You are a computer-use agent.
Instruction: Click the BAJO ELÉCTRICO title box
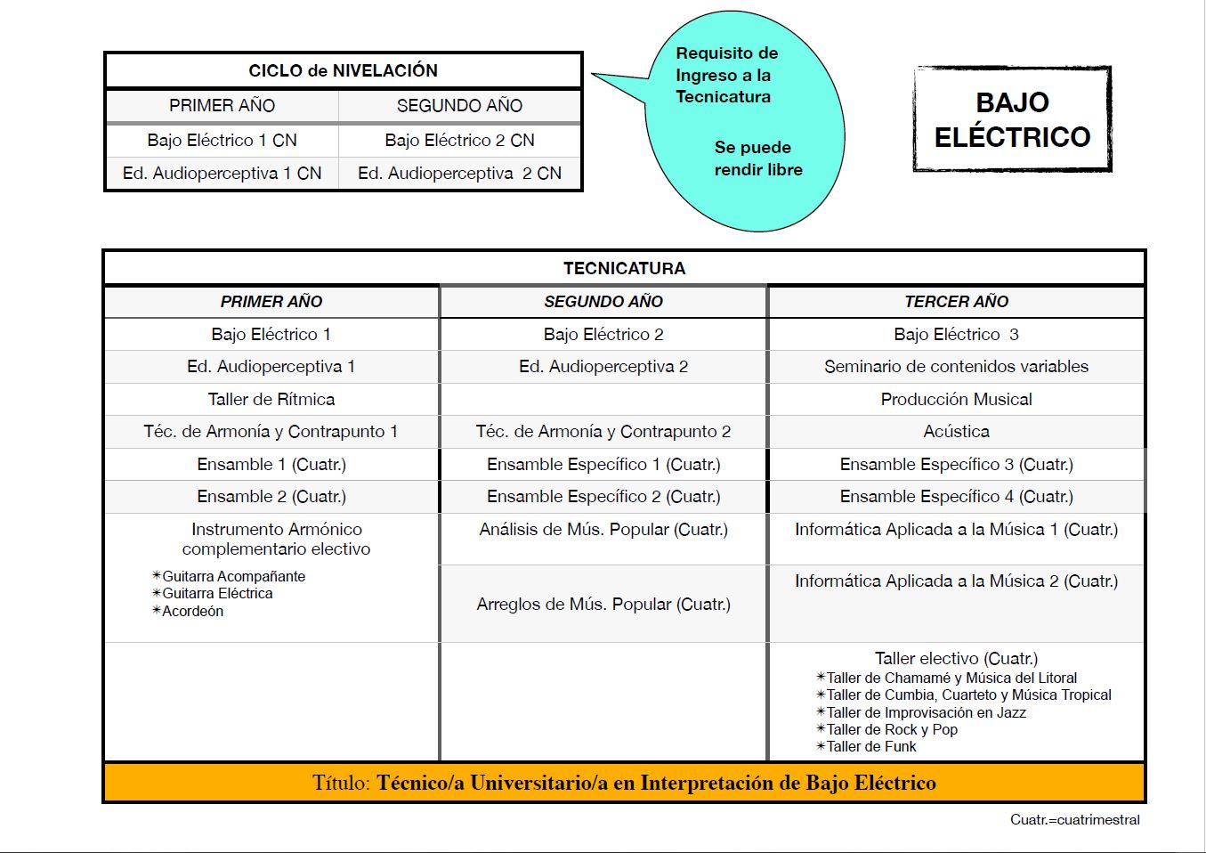point(1012,119)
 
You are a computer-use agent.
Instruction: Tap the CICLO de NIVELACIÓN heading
point(343,70)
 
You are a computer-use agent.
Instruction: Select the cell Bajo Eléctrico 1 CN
point(222,140)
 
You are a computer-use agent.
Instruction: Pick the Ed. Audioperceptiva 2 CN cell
point(459,173)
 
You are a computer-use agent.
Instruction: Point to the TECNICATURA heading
point(624,268)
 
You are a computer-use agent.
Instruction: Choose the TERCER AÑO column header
point(956,302)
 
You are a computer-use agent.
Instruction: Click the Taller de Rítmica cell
point(271,399)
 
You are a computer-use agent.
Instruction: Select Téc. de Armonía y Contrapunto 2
point(603,432)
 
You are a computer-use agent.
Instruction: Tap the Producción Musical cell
point(956,399)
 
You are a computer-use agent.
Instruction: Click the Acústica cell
point(956,432)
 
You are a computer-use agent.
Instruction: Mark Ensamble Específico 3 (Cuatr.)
point(956,464)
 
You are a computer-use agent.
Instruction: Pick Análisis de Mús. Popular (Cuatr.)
point(603,530)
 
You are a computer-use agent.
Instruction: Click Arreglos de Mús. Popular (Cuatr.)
point(603,604)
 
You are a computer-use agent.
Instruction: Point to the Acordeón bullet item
point(192,611)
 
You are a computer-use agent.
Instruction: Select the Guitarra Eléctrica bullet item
point(217,593)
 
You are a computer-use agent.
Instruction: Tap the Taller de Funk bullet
point(870,746)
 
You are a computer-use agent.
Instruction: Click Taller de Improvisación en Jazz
point(926,712)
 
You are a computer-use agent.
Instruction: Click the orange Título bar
point(624,783)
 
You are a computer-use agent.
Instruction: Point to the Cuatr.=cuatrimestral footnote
point(1074,819)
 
